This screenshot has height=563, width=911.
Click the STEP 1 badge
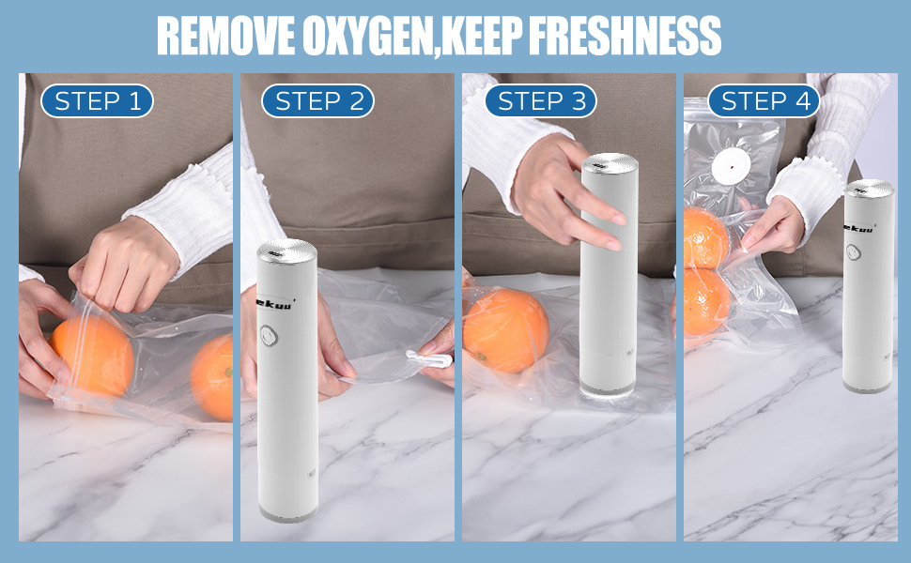click(x=97, y=101)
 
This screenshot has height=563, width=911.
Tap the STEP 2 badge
click(x=317, y=101)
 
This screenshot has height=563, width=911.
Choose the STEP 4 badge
click(x=764, y=101)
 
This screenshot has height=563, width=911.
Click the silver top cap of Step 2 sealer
click(x=286, y=251)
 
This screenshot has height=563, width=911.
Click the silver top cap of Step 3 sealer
click(x=609, y=164)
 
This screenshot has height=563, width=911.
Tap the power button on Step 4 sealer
click(x=852, y=252)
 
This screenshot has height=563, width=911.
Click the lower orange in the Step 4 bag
click(x=706, y=302)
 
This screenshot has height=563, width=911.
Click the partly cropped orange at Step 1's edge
click(x=214, y=376)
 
